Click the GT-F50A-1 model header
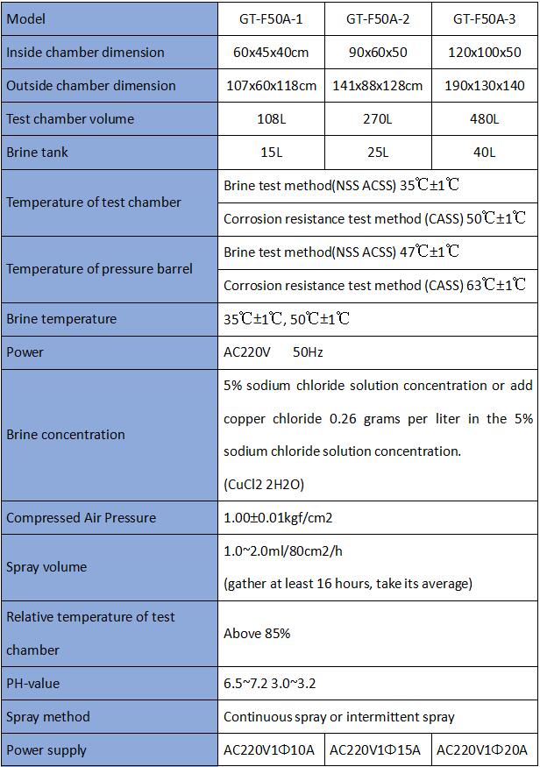(271, 18)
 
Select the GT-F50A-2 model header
(378, 18)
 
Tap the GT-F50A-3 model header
(485, 18)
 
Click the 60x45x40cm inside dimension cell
(271, 52)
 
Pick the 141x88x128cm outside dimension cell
(378, 85)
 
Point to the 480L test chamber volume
(485, 118)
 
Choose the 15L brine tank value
(271, 152)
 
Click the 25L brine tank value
(378, 152)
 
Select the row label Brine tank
(37, 152)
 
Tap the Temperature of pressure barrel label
(99, 268)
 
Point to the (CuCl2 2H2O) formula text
(264, 484)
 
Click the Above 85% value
(257, 633)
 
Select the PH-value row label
(33, 683)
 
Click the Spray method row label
(48, 716)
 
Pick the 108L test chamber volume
(271, 118)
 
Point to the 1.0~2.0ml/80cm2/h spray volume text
(283, 550)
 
